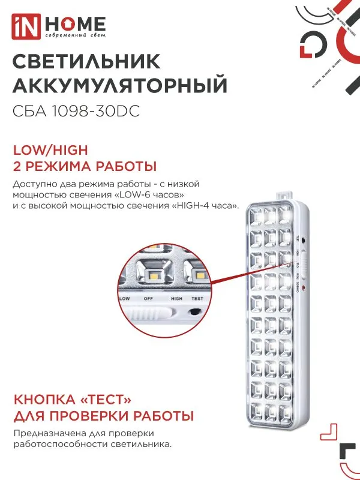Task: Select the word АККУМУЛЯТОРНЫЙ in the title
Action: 120,86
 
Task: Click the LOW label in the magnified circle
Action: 124,298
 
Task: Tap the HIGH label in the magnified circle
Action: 176,298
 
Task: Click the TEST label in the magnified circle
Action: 197,298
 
